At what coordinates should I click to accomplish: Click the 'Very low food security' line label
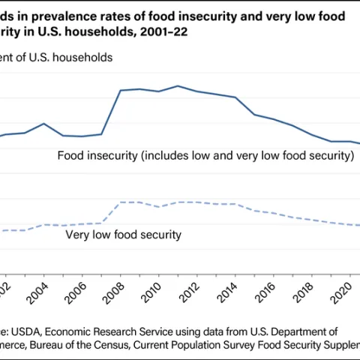point(124,235)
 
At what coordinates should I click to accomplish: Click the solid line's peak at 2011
point(177,85)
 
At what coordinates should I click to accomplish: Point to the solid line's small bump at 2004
point(43,123)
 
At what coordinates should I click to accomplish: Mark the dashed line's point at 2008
point(120,202)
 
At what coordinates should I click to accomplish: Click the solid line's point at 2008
point(120,90)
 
